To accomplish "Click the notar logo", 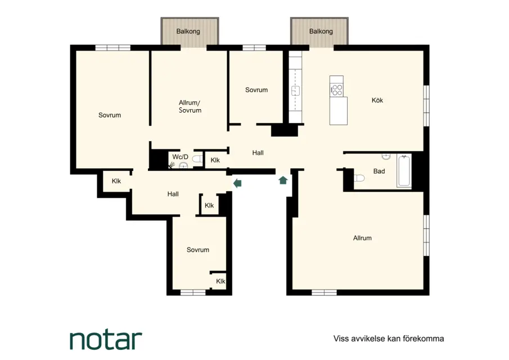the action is tap(106, 340).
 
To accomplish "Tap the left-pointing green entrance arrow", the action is tap(237, 183).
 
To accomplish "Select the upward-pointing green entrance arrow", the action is tap(283, 180).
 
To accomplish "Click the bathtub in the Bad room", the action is tap(404, 171).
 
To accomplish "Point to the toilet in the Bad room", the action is tap(359, 178).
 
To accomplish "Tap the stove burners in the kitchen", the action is tap(337, 90).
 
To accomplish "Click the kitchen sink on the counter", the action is tap(295, 91).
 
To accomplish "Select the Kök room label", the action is tap(377, 100).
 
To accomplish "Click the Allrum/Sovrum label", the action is tap(190, 106).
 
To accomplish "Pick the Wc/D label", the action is tap(180, 157).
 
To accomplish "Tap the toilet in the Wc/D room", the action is tap(197, 159).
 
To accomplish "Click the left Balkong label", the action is tap(188, 31).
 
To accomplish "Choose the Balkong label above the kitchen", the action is tap(321, 31).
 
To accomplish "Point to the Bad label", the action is tap(379, 171).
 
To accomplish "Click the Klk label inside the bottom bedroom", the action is tap(220, 281).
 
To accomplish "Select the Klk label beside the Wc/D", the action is tap(215, 160).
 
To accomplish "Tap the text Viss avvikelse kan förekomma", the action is tap(389, 339).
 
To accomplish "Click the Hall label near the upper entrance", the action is tap(258, 153).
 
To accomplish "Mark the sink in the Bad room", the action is tap(386, 157).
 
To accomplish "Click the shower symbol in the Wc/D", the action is tap(172, 165).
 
